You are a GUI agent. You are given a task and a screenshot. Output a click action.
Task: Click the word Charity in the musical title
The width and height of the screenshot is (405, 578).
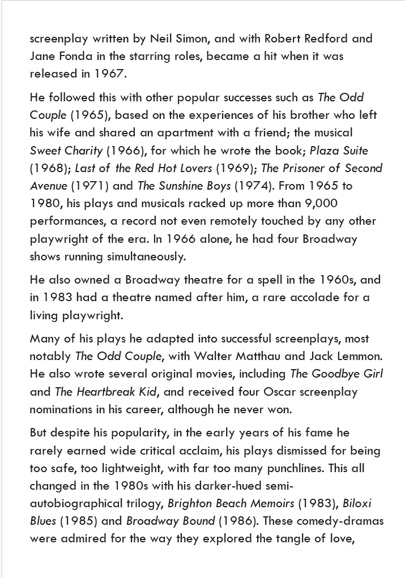coord(83,151)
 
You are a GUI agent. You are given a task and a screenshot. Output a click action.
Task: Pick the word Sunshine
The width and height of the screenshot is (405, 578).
coord(178,186)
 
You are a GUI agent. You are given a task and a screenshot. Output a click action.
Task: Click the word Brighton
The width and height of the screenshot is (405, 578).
coord(189,504)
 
